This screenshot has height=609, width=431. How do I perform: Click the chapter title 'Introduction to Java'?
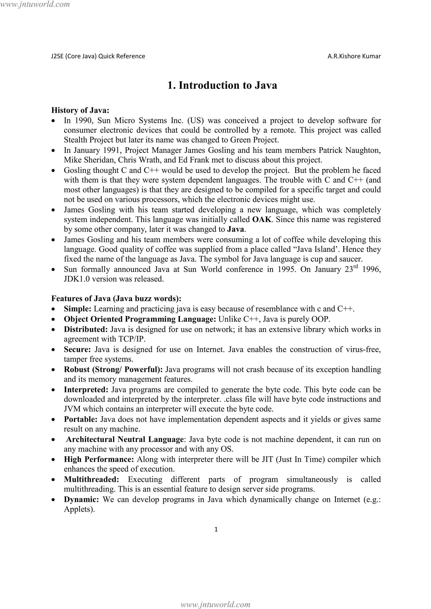point(222,85)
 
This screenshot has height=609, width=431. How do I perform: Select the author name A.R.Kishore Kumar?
point(354,56)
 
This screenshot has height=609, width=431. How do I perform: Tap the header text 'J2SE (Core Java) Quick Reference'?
point(98,56)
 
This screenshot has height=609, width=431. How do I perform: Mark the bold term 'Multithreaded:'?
point(91,479)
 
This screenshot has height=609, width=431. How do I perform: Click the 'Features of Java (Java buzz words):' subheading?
point(116,298)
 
